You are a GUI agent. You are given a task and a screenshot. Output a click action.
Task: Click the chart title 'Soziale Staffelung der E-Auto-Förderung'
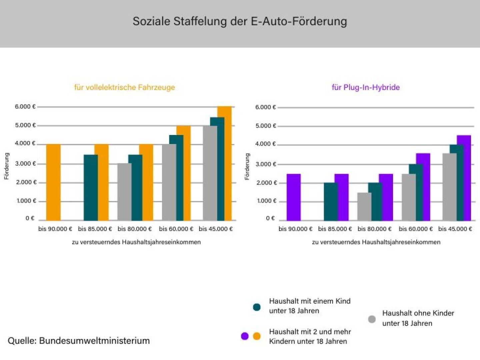tap(240, 21)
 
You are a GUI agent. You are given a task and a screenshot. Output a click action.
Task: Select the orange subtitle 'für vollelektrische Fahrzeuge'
tap(124, 87)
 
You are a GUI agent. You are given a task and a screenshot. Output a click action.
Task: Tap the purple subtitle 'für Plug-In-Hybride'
tap(366, 87)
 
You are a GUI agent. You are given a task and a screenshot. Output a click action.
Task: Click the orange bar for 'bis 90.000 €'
tap(53, 182)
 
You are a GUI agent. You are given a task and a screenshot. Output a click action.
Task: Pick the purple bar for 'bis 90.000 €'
tap(293, 197)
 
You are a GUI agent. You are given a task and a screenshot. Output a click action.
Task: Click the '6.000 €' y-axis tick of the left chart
tap(25, 107)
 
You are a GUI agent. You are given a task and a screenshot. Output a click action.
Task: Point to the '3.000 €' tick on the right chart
tap(266, 164)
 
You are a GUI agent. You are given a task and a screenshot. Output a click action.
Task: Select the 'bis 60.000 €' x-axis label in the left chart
tap(176, 229)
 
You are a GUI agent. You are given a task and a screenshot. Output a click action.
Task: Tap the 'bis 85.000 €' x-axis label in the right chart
tap(335, 229)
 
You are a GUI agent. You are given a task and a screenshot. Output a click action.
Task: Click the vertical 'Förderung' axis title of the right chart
tap(247, 167)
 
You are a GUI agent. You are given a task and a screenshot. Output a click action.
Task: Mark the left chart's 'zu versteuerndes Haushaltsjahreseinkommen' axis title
tap(136, 242)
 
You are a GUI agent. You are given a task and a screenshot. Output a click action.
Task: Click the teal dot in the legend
tap(257, 307)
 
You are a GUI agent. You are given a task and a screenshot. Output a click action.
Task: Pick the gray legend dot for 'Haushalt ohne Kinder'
tap(372, 319)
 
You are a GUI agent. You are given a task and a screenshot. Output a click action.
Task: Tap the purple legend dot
tap(245, 336)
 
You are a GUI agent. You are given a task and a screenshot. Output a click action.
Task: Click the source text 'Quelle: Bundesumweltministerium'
tap(79, 341)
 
